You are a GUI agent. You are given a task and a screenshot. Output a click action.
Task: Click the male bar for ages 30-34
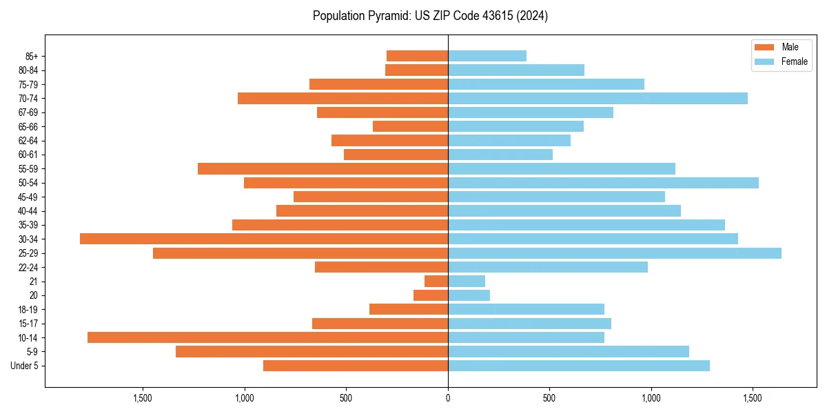(264, 239)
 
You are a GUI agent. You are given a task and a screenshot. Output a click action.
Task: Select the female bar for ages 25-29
(615, 253)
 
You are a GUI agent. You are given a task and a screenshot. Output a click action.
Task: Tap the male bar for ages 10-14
(267, 337)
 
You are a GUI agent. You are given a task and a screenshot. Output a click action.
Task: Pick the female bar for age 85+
(487, 56)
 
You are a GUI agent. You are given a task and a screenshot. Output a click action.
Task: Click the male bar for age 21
(436, 282)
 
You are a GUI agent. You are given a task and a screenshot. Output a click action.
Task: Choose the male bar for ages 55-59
(323, 168)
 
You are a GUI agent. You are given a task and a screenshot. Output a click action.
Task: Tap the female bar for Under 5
(579, 366)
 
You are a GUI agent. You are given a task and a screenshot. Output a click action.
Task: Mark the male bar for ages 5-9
(312, 352)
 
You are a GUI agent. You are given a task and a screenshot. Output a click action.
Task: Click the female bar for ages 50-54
(603, 183)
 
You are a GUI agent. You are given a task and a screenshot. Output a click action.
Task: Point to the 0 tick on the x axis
(448, 398)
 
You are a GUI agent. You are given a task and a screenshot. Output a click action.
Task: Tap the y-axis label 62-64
(28, 141)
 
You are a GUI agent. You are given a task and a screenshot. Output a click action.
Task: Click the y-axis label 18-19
(28, 310)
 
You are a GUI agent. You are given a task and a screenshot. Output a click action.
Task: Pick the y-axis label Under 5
(24, 366)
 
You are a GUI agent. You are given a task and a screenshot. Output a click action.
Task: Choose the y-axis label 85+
(32, 56)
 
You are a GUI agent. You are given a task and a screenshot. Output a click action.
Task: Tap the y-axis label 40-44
(28, 211)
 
